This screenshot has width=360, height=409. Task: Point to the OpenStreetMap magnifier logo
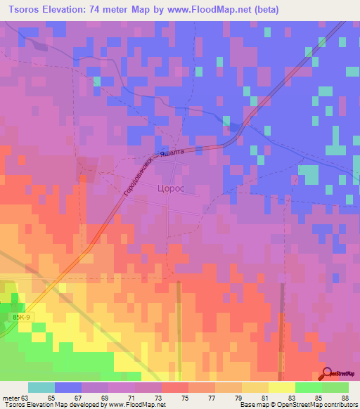tap(327, 372)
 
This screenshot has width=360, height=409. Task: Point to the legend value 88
tap(344, 397)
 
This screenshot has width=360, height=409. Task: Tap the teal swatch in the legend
tap(41, 387)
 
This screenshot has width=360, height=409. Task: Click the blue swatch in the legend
tap(68, 387)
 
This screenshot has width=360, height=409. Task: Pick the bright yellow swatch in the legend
tap(282, 387)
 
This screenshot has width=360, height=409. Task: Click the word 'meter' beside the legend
tap(9, 397)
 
